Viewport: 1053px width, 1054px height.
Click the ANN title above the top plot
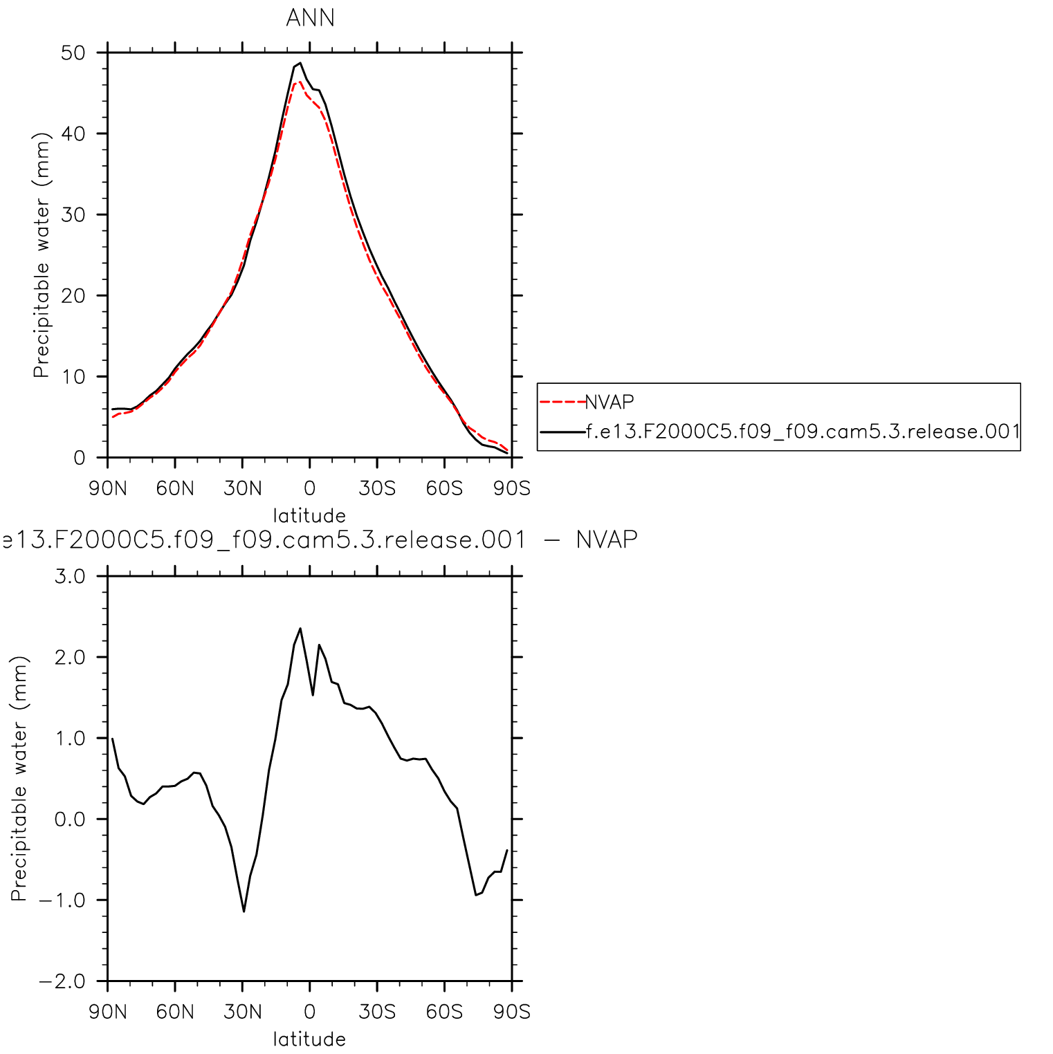(310, 18)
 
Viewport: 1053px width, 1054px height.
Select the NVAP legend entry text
(610, 403)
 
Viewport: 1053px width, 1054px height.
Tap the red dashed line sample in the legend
(562, 402)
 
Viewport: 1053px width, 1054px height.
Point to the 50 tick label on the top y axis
(73, 53)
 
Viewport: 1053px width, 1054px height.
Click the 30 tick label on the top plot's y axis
(73, 215)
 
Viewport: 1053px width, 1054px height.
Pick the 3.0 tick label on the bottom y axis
(70, 576)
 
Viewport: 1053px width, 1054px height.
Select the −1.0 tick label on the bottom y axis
(62, 900)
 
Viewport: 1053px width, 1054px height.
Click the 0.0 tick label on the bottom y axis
(70, 820)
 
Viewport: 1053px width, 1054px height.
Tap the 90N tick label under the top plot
(108, 489)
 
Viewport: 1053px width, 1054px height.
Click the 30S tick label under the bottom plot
(377, 1013)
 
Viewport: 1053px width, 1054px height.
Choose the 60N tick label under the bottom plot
(175, 1013)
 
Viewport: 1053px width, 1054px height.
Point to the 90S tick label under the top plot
(512, 489)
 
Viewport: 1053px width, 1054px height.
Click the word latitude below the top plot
(309, 516)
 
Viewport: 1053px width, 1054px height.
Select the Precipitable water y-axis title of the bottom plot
(19, 778)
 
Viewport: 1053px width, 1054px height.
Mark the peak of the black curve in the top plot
(300, 63)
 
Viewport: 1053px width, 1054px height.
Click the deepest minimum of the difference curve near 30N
(244, 912)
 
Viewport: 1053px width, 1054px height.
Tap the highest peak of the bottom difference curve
(300, 629)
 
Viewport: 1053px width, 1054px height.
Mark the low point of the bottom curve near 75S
(476, 895)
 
